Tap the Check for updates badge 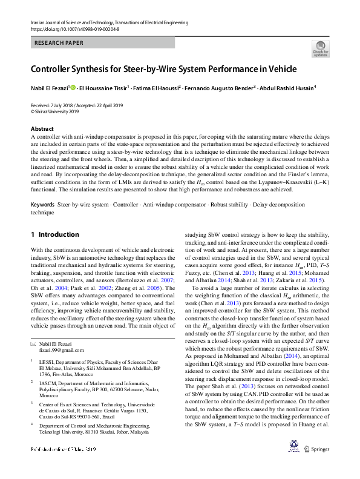[x=320, y=49]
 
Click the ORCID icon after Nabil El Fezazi [x=74, y=88]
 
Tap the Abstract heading [x=42, y=129]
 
